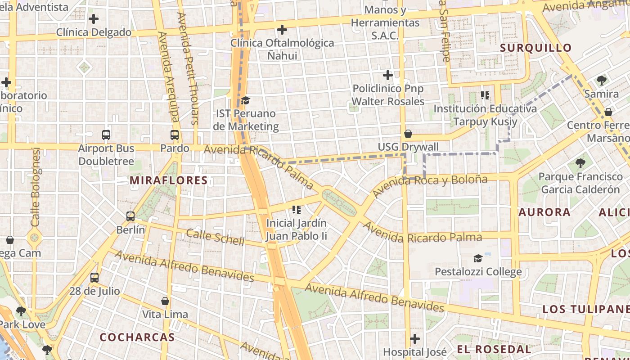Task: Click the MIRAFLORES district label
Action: coord(169,180)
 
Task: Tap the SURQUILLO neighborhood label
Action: coord(536,48)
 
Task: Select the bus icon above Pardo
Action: coord(175,135)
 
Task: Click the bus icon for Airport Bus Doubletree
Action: coord(106,135)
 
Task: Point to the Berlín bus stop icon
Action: coord(130,216)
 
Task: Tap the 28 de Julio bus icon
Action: coord(94,277)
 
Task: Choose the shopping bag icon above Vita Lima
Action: coord(165,301)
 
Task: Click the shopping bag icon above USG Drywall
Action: coord(408,134)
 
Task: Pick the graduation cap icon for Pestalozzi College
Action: coord(478,258)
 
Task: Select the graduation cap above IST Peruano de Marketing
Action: coord(245,100)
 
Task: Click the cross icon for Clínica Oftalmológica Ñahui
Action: coord(282,30)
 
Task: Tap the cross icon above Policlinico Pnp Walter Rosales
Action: coord(388,75)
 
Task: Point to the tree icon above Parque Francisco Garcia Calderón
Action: coord(580,163)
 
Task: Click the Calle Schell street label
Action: coord(215,237)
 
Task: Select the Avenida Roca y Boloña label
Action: coord(430,185)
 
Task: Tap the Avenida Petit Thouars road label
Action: coord(189,67)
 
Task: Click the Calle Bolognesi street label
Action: coord(36,187)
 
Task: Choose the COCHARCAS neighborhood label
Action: coord(137,337)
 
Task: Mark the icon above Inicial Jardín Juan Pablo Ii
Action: coord(296,209)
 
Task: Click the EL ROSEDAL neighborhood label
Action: coord(494,349)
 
